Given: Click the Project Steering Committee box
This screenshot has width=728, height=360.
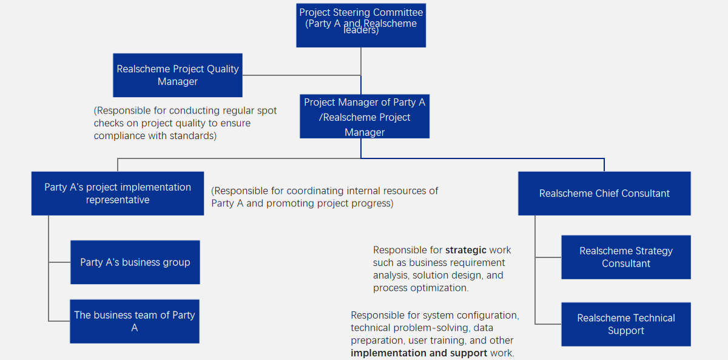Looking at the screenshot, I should (x=361, y=24).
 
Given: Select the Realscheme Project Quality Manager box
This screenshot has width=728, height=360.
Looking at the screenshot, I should (x=178, y=75).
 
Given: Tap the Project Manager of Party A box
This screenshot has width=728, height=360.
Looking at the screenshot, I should (x=365, y=117).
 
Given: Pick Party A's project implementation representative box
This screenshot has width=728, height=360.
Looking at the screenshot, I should (x=118, y=194).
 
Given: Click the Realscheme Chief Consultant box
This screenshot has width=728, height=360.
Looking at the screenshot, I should (x=604, y=194).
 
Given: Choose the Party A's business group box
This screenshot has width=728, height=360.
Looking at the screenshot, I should (x=135, y=262).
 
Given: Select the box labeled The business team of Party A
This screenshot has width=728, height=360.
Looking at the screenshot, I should (x=135, y=321).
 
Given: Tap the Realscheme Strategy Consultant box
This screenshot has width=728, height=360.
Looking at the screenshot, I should (x=626, y=257).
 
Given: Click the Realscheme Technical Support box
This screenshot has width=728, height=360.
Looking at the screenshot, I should (x=626, y=324).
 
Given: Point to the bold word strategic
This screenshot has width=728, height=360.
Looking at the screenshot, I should (x=466, y=250).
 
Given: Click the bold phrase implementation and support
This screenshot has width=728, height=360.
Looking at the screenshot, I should (x=419, y=353).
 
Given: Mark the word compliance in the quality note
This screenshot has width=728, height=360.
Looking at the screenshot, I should (x=119, y=136).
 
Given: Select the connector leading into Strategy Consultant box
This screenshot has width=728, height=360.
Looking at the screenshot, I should (x=548, y=257).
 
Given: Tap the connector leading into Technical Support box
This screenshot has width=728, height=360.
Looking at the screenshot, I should (x=548, y=324).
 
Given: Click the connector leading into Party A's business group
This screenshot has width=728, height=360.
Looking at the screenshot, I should (x=59, y=262).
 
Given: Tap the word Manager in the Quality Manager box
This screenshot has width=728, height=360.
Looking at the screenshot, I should (x=178, y=82).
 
